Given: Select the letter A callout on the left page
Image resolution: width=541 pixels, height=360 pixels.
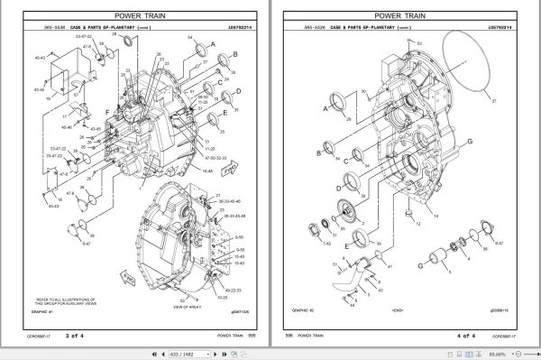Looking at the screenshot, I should pos(212,43).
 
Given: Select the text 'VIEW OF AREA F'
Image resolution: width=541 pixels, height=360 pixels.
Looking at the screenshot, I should pos(210,308).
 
